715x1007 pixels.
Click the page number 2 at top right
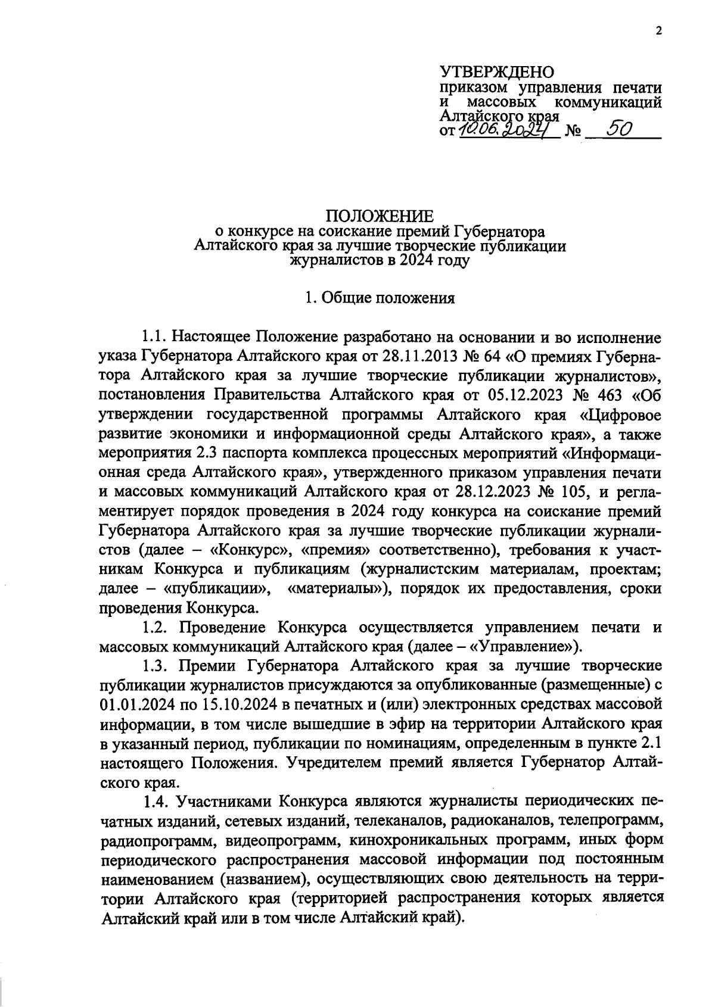(x=659, y=32)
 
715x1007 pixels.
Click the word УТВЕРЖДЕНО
(x=496, y=72)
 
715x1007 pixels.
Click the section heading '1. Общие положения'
(x=380, y=298)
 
